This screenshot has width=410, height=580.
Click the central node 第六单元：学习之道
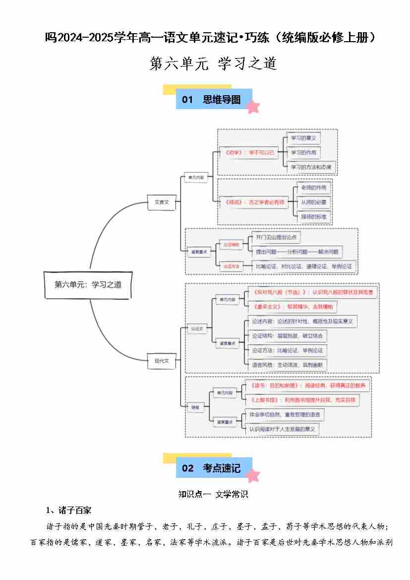point(88,285)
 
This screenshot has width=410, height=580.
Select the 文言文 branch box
point(162,202)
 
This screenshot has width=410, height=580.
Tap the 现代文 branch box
point(162,361)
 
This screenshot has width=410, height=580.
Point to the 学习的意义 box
point(303,138)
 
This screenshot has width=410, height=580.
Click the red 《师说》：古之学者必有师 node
point(255,202)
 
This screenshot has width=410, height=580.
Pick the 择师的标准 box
point(313,217)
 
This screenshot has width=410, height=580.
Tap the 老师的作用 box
point(313,188)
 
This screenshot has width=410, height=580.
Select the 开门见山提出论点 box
point(276,238)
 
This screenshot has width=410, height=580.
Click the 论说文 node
point(198,328)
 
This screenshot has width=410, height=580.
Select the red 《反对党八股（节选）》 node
point(312,292)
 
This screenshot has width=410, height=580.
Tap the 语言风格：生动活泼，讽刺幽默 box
point(288,365)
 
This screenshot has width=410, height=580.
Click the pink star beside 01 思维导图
point(253,107)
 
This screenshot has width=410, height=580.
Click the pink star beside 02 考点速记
point(253,475)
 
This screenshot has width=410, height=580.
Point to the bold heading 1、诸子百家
point(68,510)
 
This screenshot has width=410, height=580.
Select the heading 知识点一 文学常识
point(213,494)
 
